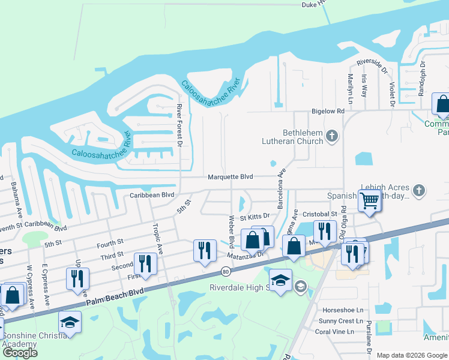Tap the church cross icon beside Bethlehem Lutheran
331,137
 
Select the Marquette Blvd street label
231,177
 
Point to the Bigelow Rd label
328,112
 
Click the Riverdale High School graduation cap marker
280,280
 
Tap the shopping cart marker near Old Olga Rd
370,200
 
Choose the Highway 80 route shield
225,272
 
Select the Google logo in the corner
20,352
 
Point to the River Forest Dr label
179,124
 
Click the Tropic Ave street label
157,238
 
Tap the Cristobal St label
319,214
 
